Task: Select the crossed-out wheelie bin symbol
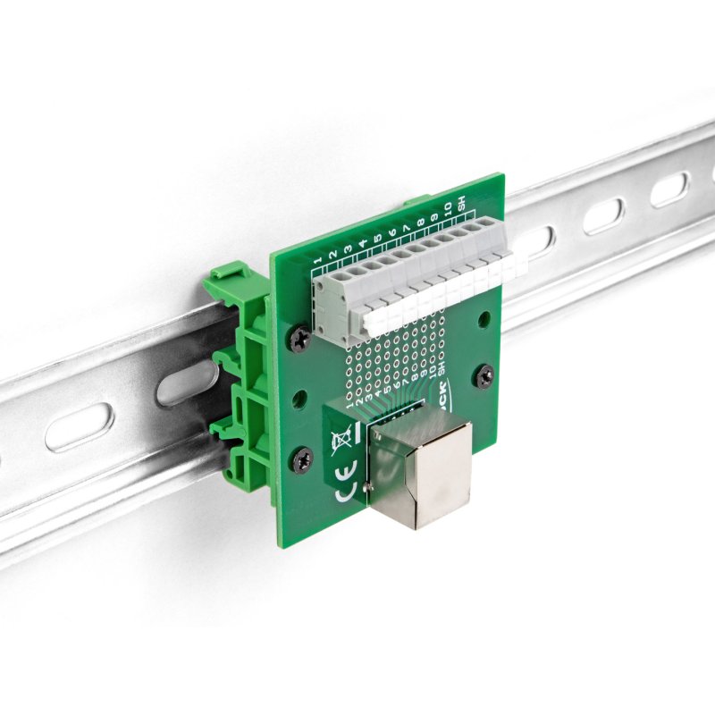tap(341, 439)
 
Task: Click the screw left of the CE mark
tap(300, 461)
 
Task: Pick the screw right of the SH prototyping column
tap(484, 375)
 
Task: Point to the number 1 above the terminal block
tap(318, 258)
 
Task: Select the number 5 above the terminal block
tap(376, 238)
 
